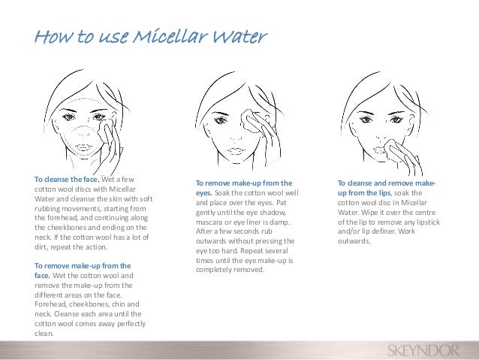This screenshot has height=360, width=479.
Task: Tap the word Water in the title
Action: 239,36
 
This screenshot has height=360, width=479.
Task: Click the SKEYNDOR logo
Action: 423,350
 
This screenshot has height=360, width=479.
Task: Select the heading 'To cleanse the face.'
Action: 67,179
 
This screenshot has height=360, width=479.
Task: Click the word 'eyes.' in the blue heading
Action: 204,193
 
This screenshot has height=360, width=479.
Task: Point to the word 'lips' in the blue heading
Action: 384,193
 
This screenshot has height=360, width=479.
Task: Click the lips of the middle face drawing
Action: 234,151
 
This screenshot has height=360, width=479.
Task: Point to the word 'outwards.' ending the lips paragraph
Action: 354,241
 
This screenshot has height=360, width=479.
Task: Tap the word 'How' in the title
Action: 53,36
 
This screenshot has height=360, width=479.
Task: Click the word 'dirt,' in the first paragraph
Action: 41,247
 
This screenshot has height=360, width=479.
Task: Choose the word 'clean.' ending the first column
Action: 44,334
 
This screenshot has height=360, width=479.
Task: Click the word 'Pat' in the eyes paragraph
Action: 282,203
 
